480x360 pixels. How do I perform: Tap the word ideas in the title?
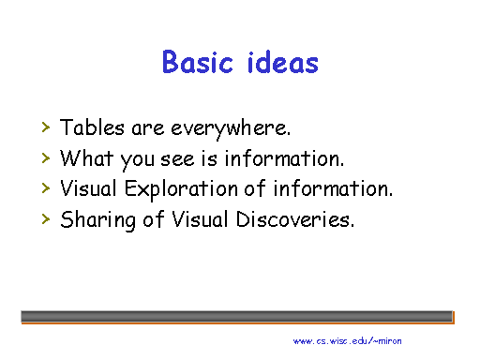(280, 63)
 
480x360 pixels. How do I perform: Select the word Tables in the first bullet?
(87, 127)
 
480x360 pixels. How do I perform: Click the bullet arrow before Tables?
(45, 126)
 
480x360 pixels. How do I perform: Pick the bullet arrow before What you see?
(45, 157)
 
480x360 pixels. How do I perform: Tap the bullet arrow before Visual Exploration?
(45, 187)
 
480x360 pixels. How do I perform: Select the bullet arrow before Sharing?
(45, 219)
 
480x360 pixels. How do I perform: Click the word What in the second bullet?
(83, 157)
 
